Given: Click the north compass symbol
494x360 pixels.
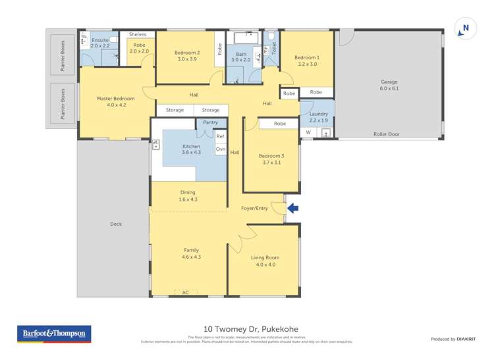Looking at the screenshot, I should tap(465, 29).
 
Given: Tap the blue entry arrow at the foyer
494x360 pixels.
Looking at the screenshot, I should tap(293, 209).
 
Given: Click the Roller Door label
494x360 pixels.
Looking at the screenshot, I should tap(387, 134).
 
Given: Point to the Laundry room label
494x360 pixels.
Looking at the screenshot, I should tap(317, 114).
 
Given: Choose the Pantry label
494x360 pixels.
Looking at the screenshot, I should tap(210, 122).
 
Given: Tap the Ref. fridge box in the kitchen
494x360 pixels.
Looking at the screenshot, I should tap(220, 136).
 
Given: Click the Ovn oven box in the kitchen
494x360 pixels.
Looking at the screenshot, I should tap(220, 149).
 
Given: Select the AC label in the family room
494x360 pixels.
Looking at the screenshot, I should tap(185, 292).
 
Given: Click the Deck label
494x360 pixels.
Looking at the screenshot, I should tap(116, 224).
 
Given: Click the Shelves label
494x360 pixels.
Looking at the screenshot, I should tap(138, 34).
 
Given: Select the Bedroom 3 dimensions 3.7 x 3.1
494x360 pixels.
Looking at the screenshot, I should tap(271, 162).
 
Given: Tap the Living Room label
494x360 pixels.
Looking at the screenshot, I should tap(265, 257).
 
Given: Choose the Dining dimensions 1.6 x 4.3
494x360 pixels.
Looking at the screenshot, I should tap(188, 199).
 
